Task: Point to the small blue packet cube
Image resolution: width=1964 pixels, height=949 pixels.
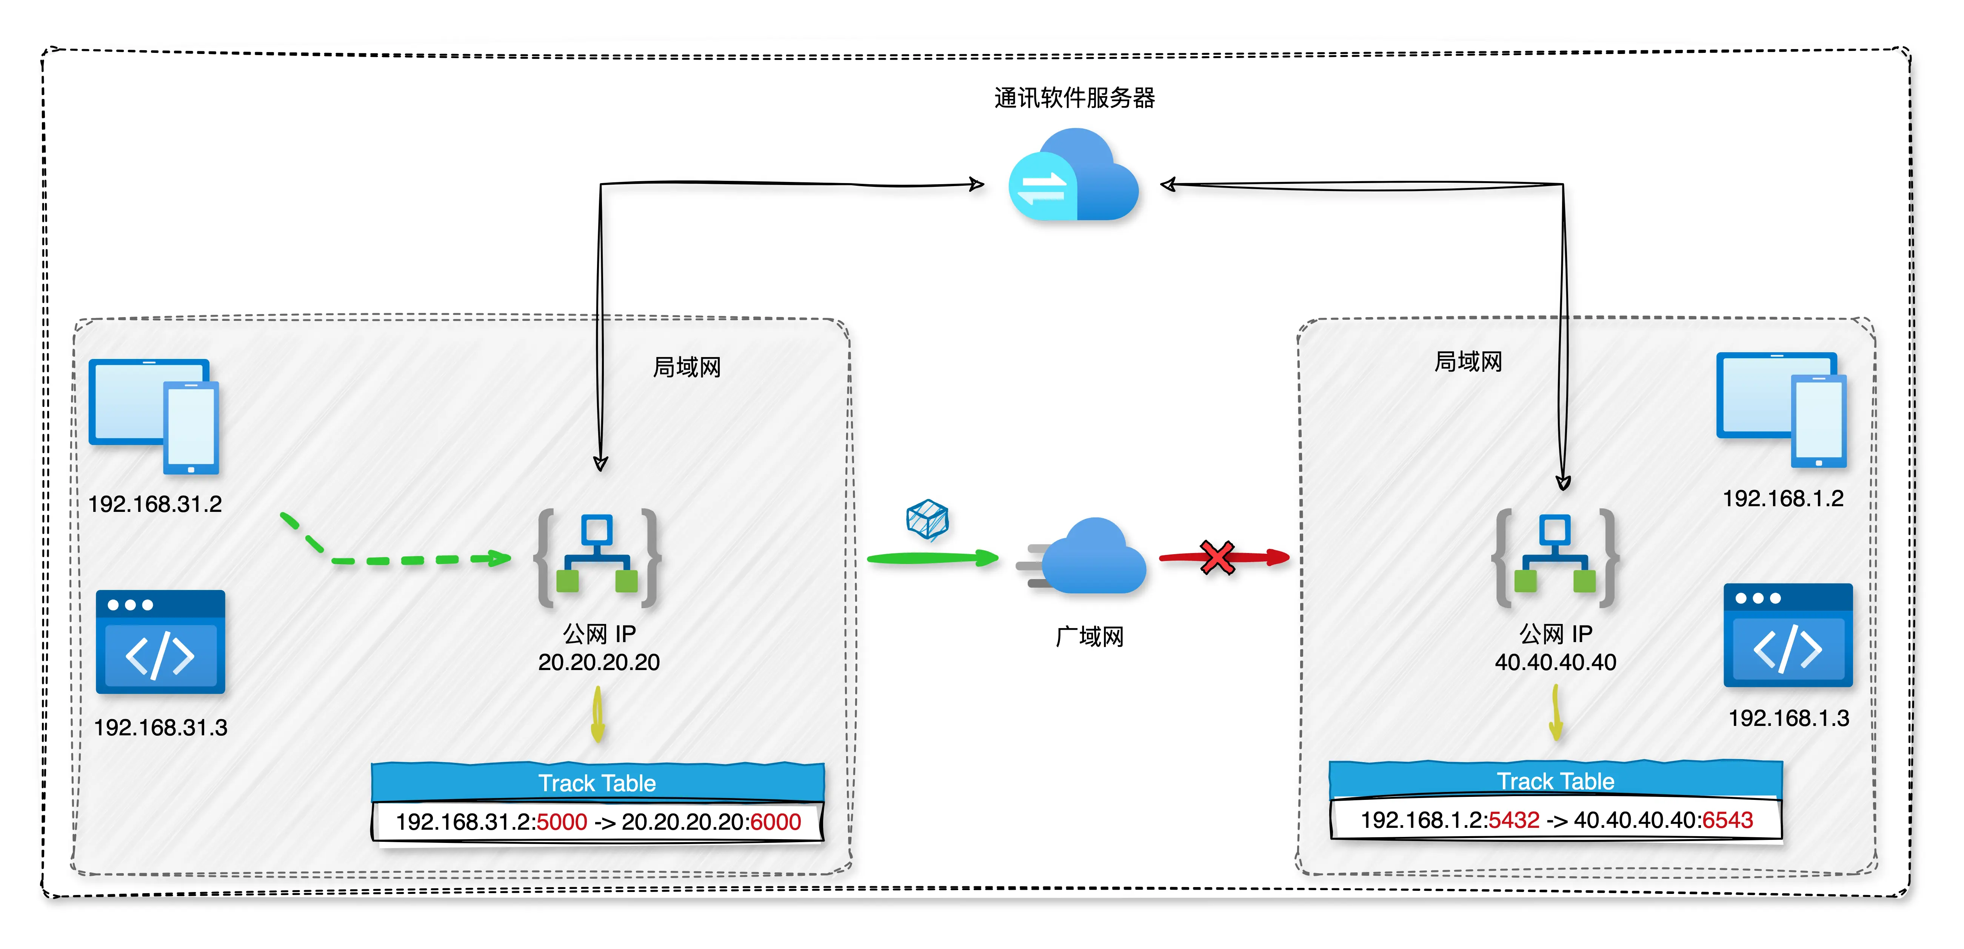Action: click(x=927, y=519)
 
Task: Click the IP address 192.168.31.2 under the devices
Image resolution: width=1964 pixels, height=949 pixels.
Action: click(x=155, y=504)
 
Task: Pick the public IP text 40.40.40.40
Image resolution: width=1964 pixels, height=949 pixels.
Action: click(x=1555, y=662)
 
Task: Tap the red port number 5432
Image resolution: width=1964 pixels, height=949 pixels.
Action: click(x=1514, y=820)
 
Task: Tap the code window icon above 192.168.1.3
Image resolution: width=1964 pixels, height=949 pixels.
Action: click(x=1788, y=635)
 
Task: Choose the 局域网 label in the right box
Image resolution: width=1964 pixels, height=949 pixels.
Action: click(x=1468, y=362)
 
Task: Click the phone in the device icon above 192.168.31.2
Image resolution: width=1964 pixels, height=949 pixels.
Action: click(x=191, y=427)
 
